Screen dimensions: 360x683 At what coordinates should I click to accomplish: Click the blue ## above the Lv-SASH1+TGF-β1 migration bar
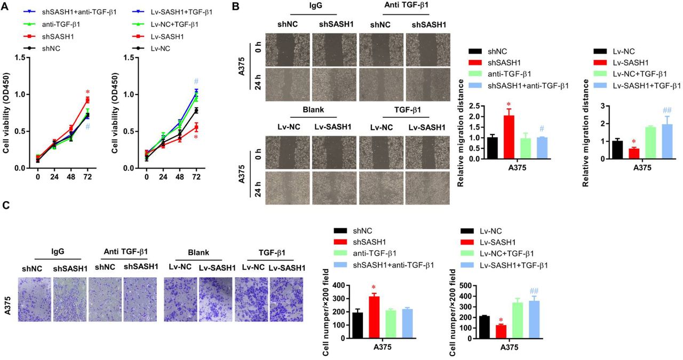(666, 110)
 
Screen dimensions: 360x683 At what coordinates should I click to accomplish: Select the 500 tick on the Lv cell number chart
(466, 285)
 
